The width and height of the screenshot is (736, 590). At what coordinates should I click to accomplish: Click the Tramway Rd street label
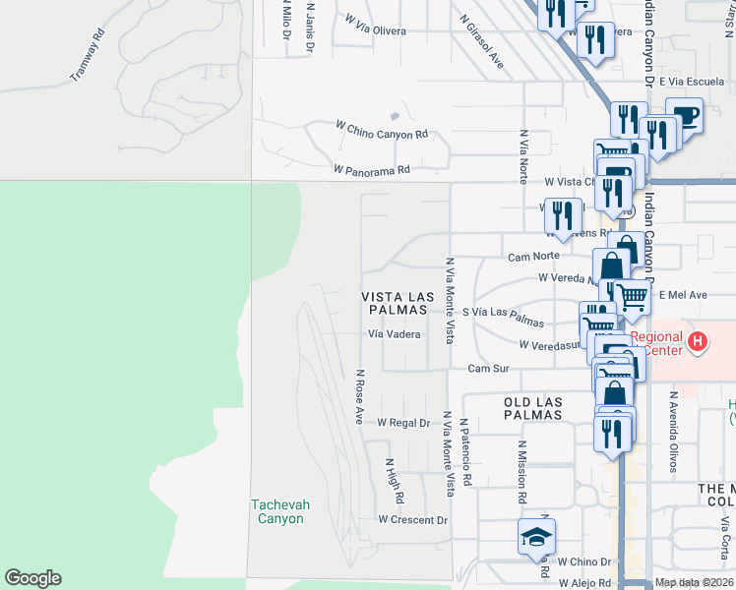(x=87, y=58)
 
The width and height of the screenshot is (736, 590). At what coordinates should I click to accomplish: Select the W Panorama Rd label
(x=371, y=169)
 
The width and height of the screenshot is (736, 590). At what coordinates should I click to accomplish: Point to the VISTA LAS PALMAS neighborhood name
(x=395, y=303)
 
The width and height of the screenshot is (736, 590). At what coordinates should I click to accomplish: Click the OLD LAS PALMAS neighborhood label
(x=532, y=409)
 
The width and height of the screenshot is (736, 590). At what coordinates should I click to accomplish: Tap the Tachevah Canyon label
(x=280, y=511)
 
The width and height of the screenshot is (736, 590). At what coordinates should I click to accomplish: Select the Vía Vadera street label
(x=395, y=334)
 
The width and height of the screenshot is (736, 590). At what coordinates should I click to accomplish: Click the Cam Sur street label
(x=488, y=368)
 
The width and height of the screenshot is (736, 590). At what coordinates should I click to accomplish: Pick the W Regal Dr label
(x=404, y=423)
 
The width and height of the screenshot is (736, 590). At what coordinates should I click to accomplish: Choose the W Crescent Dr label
(x=413, y=519)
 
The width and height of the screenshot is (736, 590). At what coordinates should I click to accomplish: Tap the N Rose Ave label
(x=360, y=396)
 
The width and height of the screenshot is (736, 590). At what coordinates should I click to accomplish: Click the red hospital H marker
(x=698, y=342)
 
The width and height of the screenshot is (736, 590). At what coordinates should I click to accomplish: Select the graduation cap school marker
(x=536, y=537)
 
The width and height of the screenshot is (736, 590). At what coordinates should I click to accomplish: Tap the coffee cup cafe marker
(x=685, y=115)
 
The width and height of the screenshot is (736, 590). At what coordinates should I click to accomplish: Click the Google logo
(x=32, y=578)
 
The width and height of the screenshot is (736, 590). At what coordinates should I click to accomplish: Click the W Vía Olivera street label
(x=375, y=30)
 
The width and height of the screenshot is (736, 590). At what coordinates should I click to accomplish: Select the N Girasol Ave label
(x=481, y=40)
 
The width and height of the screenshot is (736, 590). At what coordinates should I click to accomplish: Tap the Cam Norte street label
(x=533, y=257)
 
